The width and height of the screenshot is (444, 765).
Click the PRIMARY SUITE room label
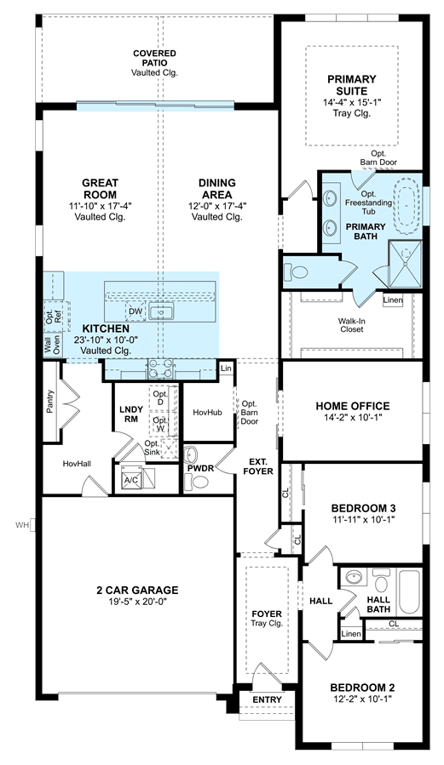click(352, 85)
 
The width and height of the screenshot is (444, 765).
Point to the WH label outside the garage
click(22, 525)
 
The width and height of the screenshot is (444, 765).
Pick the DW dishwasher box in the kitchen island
click(136, 311)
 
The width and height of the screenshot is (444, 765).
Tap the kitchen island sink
click(160, 311)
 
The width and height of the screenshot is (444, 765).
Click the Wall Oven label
click(52, 345)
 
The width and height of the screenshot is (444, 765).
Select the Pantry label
click(50, 401)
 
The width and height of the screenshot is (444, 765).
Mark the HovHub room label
click(207, 412)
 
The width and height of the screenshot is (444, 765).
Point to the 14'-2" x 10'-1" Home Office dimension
click(352, 417)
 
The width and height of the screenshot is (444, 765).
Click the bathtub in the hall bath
click(410, 592)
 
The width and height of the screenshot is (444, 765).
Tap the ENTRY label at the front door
click(268, 699)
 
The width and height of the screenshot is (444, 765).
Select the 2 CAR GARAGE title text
click(137, 591)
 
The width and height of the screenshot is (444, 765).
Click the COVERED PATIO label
click(154, 58)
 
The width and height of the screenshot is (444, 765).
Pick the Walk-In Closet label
click(352, 325)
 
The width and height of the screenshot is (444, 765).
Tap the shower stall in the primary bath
click(404, 264)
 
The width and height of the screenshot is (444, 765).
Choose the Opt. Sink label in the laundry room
click(152, 448)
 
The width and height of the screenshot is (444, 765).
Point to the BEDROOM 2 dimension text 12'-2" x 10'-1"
click(362, 698)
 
